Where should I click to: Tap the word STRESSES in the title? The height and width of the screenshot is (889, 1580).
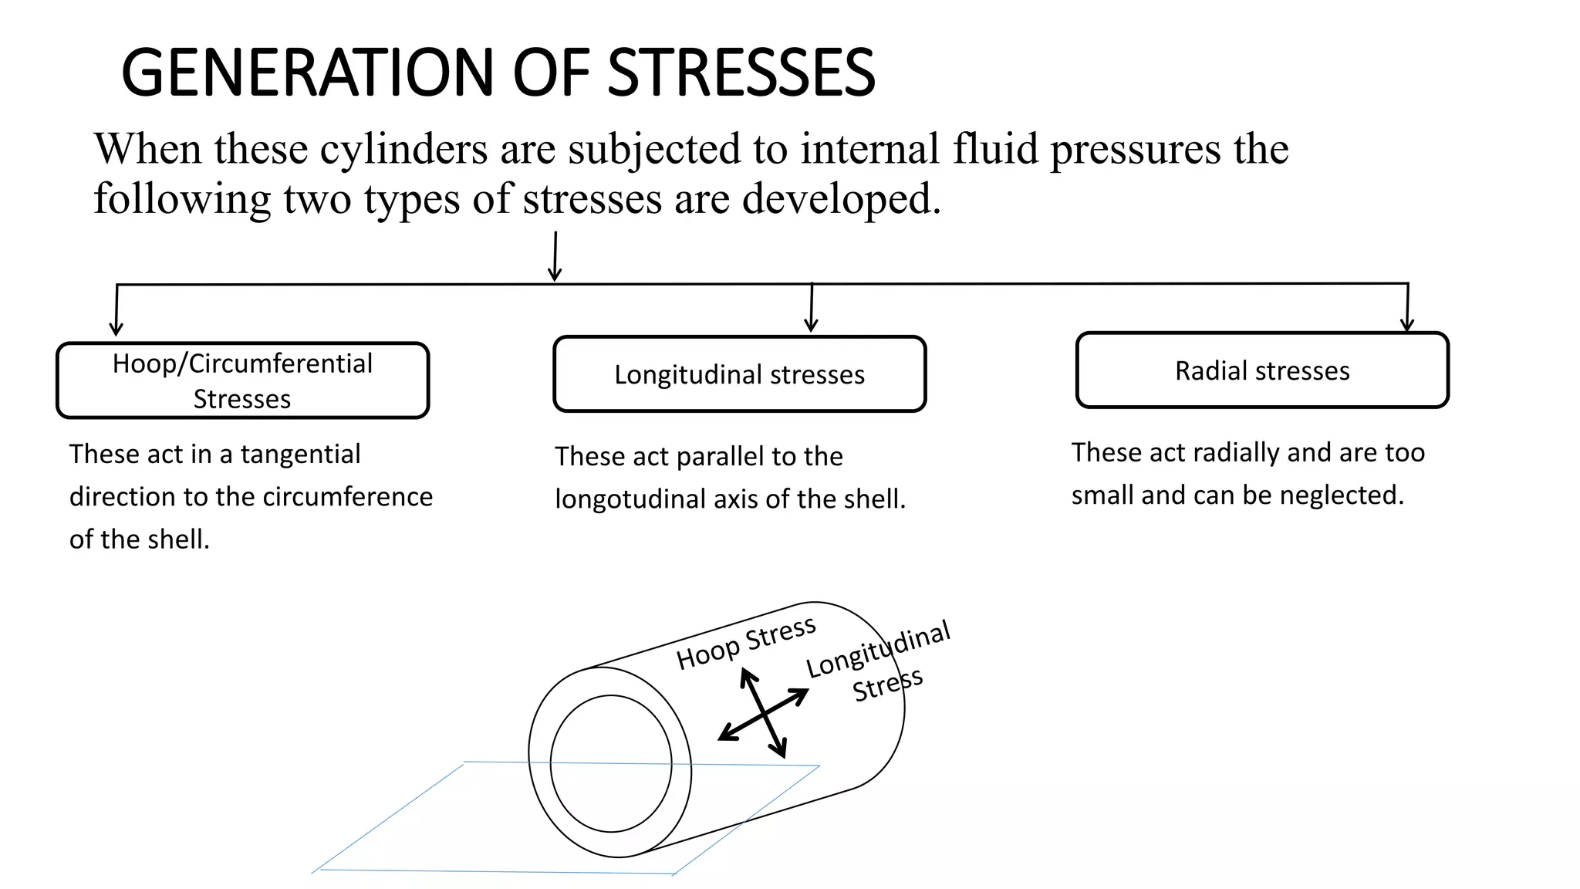(x=741, y=73)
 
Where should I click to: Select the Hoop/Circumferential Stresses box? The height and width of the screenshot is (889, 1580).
(x=242, y=380)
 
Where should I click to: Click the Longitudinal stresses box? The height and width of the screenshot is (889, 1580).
(x=739, y=374)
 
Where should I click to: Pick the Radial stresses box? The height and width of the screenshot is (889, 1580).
(x=1262, y=370)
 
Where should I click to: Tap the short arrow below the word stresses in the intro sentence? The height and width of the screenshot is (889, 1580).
(x=555, y=257)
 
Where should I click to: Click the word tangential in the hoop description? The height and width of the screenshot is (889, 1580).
(x=300, y=455)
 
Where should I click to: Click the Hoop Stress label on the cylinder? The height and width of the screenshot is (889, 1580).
(x=745, y=643)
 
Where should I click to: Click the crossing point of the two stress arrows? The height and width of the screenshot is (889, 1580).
(x=764, y=714)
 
